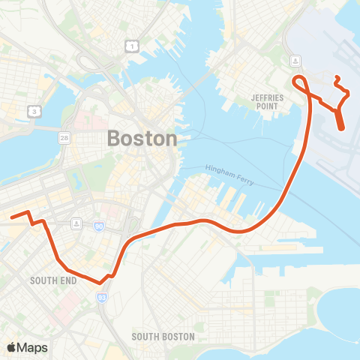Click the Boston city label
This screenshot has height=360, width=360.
142,139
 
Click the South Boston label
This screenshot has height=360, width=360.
163,337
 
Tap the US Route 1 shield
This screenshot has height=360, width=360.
131,46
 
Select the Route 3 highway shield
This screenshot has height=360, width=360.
34,111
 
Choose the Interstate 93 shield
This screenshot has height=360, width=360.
102,298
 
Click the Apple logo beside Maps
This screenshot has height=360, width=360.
12,347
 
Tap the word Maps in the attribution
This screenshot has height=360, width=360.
33,347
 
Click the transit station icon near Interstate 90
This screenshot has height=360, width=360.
76,223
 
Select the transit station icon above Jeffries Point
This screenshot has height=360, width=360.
296,60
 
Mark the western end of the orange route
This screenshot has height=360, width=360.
12,217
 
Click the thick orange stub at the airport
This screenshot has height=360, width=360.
340,120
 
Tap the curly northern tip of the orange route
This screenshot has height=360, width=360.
337,79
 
